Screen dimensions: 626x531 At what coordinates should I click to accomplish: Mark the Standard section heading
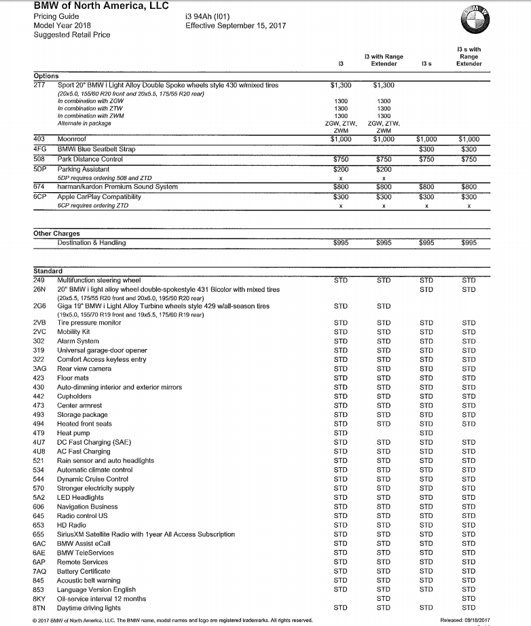click(48, 271)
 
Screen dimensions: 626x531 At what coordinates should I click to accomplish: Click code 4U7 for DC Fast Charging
click(39, 441)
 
